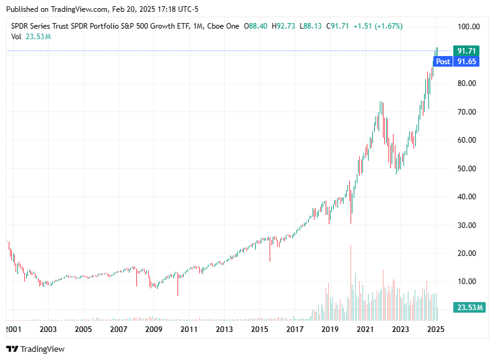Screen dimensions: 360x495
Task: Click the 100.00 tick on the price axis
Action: [468, 27]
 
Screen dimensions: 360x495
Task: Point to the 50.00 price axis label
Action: [468, 169]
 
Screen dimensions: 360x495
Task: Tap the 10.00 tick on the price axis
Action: [468, 282]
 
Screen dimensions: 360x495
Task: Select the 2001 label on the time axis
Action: [13, 329]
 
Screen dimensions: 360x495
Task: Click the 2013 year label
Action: [225, 329]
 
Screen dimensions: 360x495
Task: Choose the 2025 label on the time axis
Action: [436, 329]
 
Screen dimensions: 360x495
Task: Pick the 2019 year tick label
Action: [330, 329]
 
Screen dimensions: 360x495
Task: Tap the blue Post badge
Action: [443, 62]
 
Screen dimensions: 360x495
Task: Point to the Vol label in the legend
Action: [17, 37]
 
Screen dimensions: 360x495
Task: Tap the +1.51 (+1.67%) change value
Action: [377, 26]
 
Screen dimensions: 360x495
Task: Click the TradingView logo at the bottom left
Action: [35, 349]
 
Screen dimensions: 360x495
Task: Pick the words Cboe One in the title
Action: [224, 26]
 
